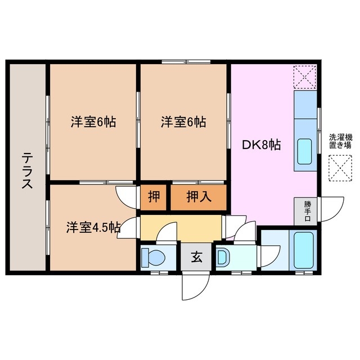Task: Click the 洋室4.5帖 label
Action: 93,227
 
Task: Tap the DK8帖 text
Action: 262,145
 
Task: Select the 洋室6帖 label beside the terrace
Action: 93,121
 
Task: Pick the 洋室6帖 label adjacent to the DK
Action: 183,121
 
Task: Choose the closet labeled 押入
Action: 198,197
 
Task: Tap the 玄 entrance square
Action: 196,258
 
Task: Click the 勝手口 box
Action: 307,211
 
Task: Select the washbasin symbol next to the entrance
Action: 222,258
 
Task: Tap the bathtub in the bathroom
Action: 304,249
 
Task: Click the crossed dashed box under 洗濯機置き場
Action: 340,167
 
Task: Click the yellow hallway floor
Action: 180,228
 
